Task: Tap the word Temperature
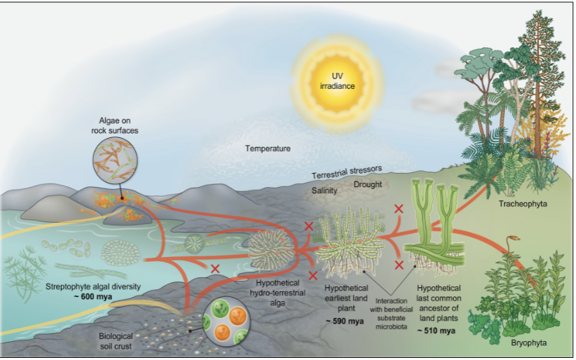268,148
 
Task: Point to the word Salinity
324,191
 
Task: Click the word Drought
367,185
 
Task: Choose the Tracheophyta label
523,204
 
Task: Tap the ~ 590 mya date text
343,320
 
